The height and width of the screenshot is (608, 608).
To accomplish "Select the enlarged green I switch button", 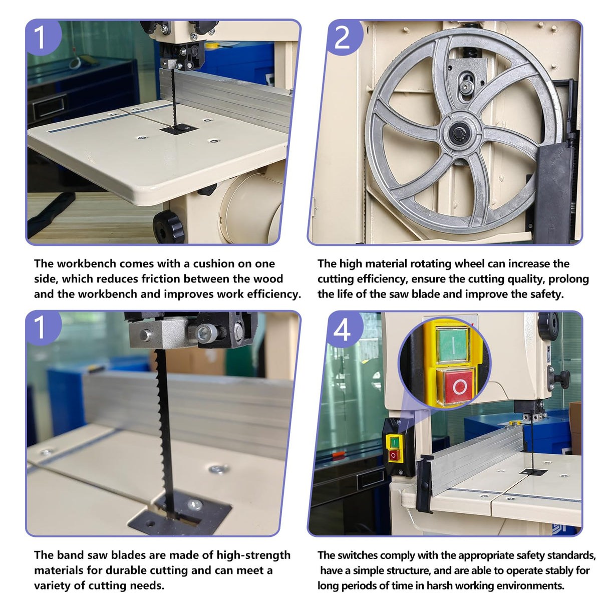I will [x=452, y=345].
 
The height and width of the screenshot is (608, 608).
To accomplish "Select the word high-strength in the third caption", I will [x=253, y=555].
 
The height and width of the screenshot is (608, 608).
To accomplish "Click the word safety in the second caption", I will [x=545, y=294].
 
